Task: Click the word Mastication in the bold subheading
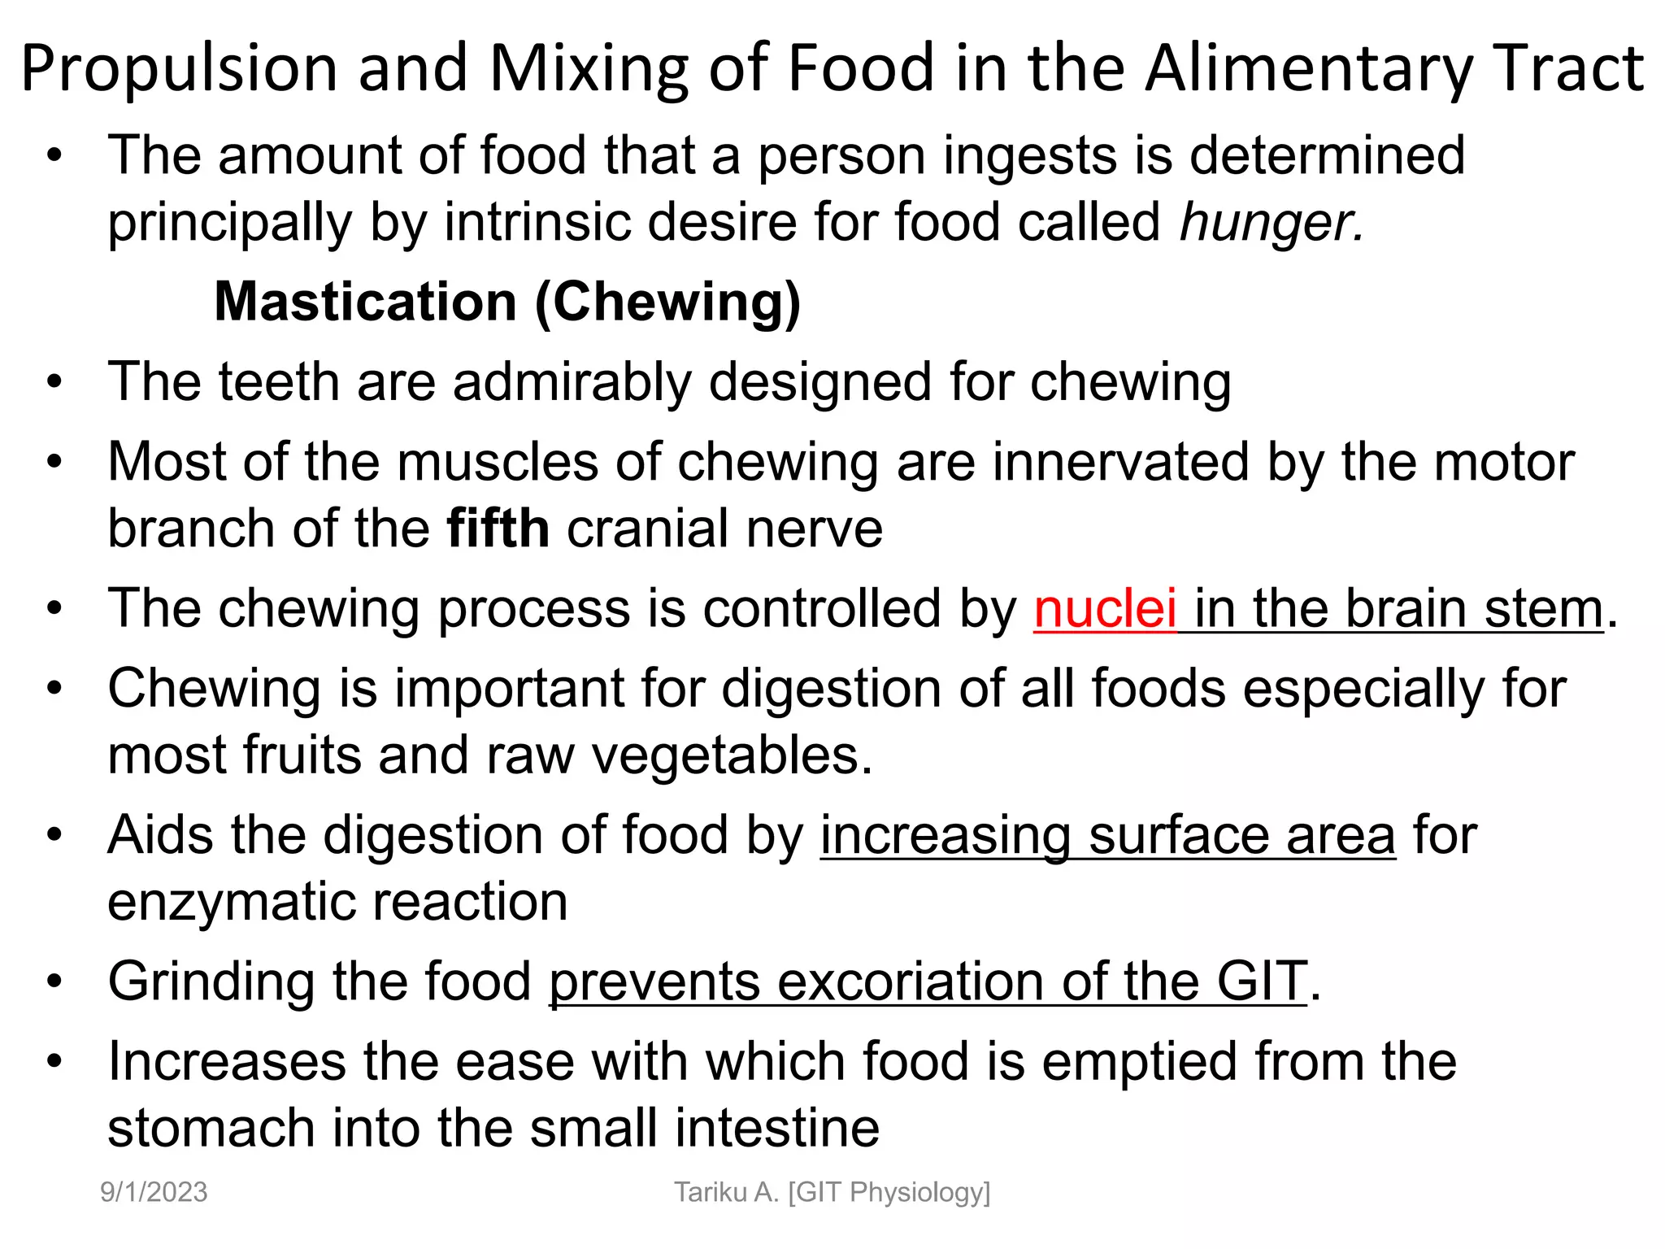(365, 302)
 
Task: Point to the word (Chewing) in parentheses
(667, 302)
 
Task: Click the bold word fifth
(498, 529)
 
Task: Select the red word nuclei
(1105, 609)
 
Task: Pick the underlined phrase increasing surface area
(1107, 836)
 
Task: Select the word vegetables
(732, 755)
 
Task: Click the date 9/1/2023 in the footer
(154, 1192)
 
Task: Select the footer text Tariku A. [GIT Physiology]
(832, 1192)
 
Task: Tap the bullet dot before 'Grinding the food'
(54, 981)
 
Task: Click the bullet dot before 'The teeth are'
(54, 382)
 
